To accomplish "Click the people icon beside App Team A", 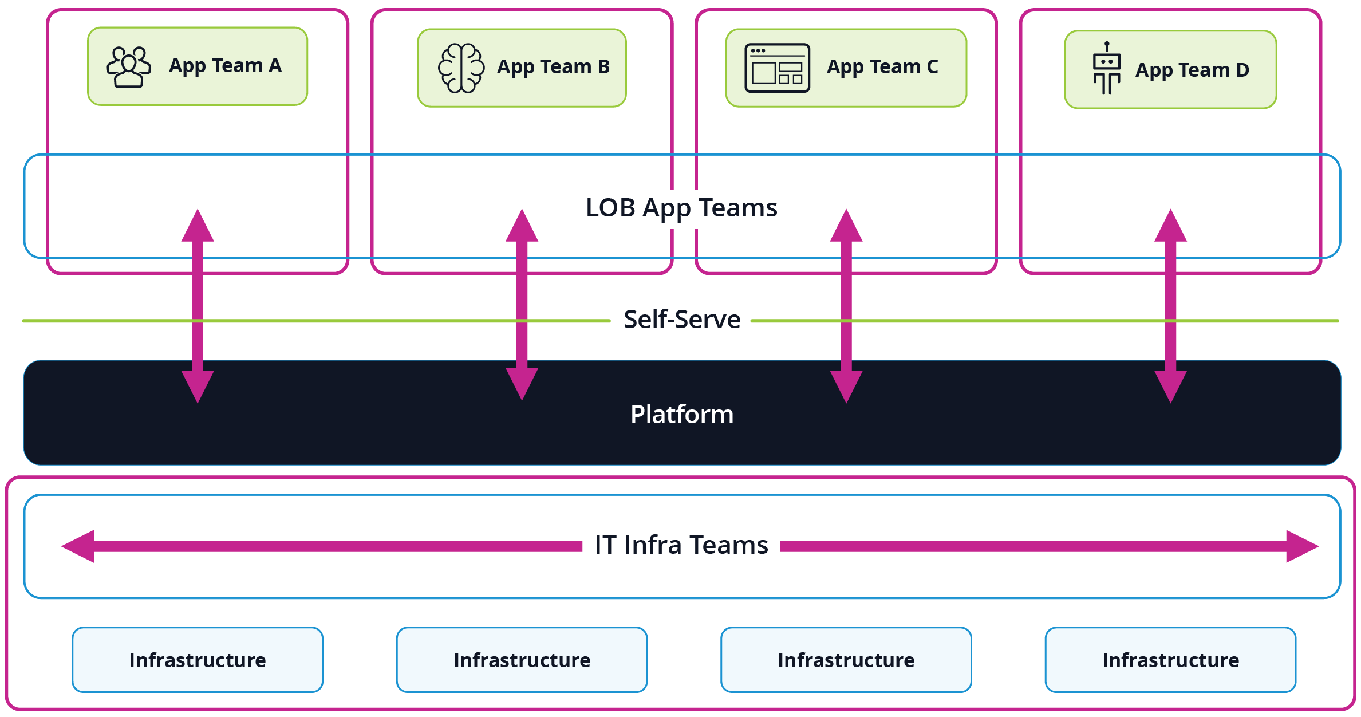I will pos(129,67).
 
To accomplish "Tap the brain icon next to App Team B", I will pos(461,68).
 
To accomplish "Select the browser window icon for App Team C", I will pos(777,68).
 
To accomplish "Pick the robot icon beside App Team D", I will pos(1107,69).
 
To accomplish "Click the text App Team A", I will pos(225,66).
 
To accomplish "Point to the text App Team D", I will pos(1192,70).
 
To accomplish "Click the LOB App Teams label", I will pos(681,208).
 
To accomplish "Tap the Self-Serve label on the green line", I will pos(681,320).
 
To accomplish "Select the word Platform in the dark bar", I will pos(681,414).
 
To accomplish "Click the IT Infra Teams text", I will pos(681,545).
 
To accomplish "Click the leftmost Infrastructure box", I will pos(198,660).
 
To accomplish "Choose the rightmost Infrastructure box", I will pos(1170,660).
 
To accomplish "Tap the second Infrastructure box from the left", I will pos(522,660).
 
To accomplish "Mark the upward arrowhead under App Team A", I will pos(198,227).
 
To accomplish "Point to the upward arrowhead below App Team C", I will pos(846,227).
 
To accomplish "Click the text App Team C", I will pos(882,67).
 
